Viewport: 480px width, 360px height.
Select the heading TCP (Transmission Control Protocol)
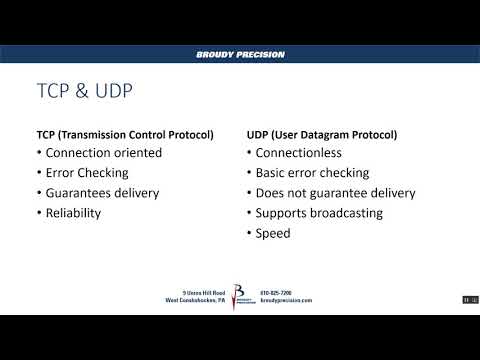click(x=124, y=134)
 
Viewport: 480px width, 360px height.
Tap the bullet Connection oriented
click(x=105, y=153)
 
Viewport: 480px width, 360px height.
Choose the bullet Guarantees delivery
click(x=103, y=193)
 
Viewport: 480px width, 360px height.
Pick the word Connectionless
click(x=299, y=153)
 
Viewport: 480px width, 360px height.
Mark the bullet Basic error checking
click(x=312, y=173)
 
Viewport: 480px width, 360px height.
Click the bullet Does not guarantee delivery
click(x=335, y=193)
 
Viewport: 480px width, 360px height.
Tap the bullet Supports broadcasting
click(x=319, y=213)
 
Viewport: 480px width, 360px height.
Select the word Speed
click(x=272, y=233)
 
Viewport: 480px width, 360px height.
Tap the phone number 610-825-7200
click(x=275, y=293)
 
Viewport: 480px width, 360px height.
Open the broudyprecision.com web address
click(x=286, y=300)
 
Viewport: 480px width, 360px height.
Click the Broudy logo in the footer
click(x=239, y=297)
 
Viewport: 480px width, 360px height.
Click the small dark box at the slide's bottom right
click(x=467, y=300)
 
